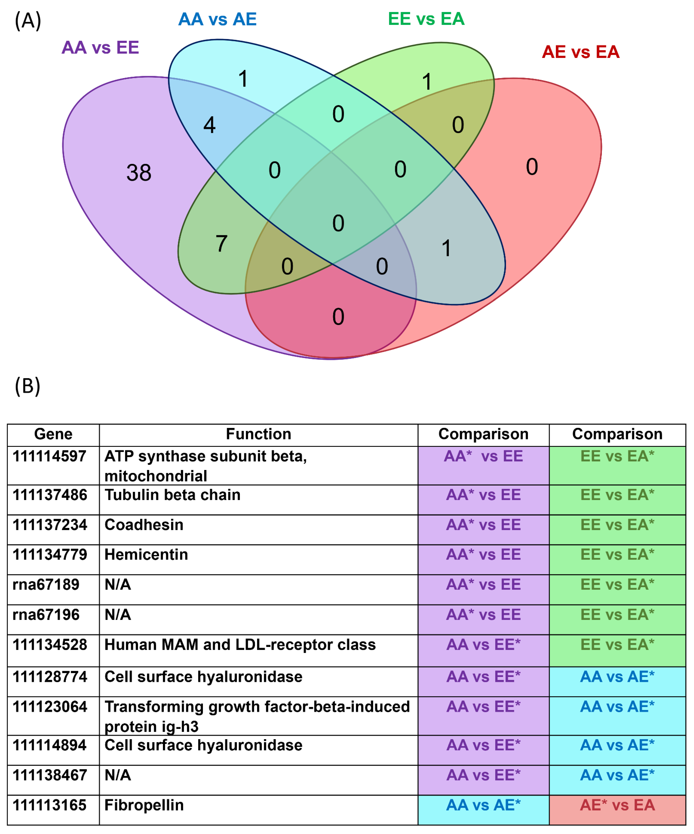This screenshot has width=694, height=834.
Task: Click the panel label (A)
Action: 28,21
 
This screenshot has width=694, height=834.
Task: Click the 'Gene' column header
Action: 53,434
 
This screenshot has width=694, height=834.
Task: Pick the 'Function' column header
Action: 259,434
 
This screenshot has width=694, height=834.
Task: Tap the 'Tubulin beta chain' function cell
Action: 172,495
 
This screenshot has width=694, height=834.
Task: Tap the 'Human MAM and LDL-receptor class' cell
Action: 240,645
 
